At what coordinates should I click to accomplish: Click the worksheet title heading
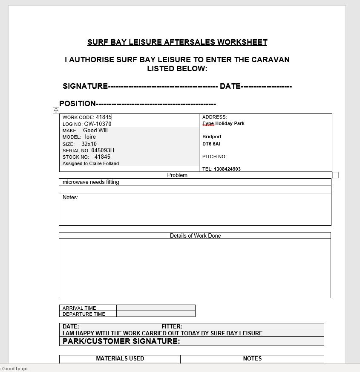coord(177,42)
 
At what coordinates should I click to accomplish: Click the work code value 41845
coord(104,117)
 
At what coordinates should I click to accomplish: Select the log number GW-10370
coord(98,124)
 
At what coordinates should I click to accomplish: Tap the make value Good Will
coord(95,131)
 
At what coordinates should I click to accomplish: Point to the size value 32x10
coord(89,144)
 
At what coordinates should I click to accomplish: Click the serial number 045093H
coord(103,151)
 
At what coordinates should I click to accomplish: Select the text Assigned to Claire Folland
coord(91,163)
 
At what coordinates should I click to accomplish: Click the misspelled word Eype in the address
coord(208,124)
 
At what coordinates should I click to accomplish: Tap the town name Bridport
coord(212,137)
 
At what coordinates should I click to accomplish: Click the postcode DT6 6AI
coord(211,144)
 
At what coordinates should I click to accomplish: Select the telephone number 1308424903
coord(227,169)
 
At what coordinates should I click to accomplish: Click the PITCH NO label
coord(214,157)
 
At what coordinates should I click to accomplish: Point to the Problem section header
coord(177,175)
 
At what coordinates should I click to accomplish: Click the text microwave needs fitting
coord(91,182)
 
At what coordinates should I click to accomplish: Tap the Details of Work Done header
coord(195,235)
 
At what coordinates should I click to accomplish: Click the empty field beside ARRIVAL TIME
coord(156,308)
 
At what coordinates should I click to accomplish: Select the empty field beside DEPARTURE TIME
coord(156,314)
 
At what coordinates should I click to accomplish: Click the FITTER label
coord(172,327)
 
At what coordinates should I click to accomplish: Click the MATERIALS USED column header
coord(120,359)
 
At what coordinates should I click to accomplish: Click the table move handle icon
coord(56,110)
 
